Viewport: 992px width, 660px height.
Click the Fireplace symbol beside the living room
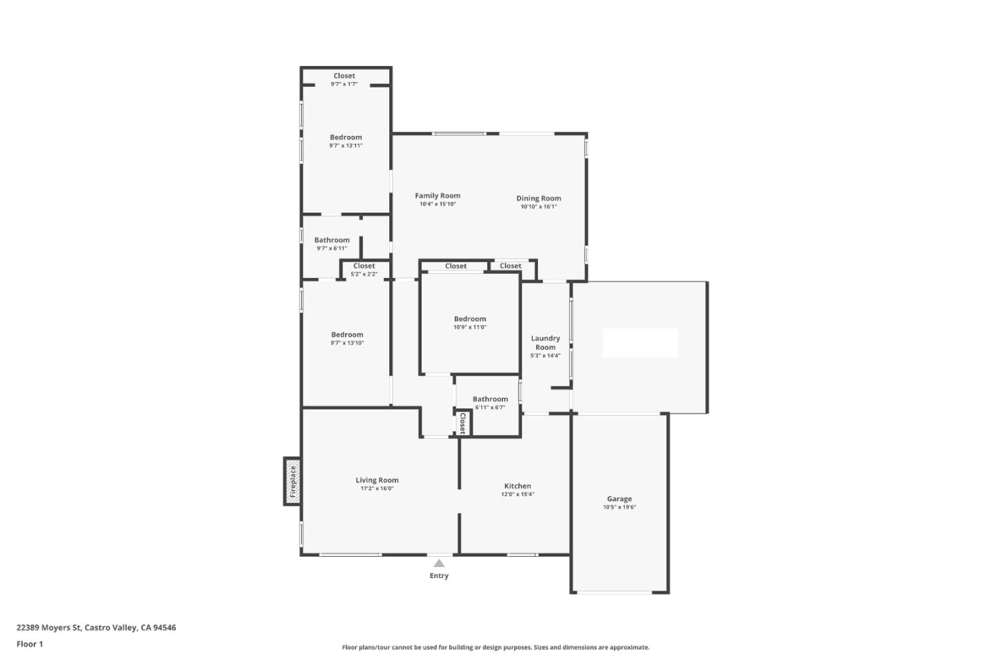tap(293, 481)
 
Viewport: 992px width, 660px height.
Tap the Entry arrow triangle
tap(439, 564)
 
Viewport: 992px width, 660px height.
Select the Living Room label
tap(377, 480)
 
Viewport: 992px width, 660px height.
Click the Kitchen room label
tap(517, 486)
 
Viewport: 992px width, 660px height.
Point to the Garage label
tap(619, 499)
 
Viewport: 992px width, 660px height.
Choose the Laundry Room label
tap(545, 343)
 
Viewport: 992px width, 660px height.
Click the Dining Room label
tap(539, 198)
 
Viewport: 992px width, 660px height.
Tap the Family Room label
tap(437, 195)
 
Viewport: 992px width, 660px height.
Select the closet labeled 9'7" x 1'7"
tap(344, 84)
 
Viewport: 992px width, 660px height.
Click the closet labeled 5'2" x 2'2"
tap(364, 274)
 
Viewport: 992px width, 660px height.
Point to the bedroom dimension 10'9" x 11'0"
tap(470, 328)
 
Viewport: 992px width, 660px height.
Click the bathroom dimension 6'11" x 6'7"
tap(490, 407)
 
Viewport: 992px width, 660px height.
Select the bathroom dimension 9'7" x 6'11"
tap(332, 248)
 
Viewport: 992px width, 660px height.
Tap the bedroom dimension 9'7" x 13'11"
tap(346, 146)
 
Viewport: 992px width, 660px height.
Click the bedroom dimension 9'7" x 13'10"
tap(347, 343)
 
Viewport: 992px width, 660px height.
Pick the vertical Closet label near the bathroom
tap(463, 423)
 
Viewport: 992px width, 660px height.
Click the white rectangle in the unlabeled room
tap(640, 343)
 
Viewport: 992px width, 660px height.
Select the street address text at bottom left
tap(96, 628)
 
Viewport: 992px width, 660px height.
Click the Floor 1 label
tap(30, 644)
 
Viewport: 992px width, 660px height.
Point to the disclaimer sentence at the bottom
tap(495, 647)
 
